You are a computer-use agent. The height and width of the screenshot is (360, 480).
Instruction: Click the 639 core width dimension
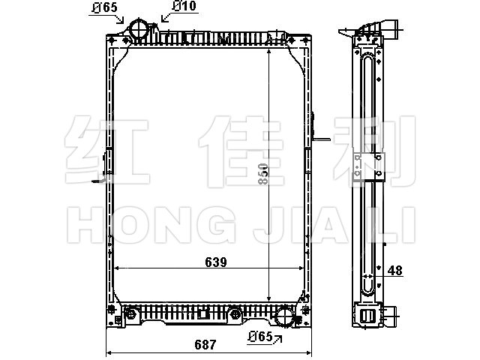(216, 262)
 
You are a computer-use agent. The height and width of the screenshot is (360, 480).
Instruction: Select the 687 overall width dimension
(205, 345)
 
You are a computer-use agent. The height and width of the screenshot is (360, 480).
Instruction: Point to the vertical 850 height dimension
(262, 174)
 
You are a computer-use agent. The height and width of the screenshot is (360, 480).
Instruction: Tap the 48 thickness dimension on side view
(395, 271)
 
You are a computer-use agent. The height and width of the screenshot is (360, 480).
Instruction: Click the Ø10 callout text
(184, 6)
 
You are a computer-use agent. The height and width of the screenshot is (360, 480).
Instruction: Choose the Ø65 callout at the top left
(105, 7)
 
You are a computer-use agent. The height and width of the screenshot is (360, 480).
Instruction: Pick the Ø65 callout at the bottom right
(260, 337)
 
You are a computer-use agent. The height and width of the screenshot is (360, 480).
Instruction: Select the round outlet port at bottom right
(285, 316)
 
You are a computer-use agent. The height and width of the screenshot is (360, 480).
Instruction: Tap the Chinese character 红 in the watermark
(107, 150)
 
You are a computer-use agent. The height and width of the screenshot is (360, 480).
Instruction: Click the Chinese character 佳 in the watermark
(241, 151)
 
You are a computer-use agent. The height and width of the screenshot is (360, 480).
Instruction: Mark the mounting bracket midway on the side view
(368, 167)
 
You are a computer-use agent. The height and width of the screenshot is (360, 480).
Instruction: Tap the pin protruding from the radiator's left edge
(98, 181)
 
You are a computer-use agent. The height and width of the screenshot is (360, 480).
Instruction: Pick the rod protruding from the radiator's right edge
(322, 139)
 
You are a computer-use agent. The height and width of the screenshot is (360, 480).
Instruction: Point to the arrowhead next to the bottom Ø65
(278, 338)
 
